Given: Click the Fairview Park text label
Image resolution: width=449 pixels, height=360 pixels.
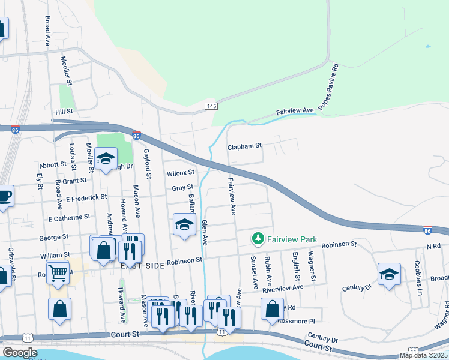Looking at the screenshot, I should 292,239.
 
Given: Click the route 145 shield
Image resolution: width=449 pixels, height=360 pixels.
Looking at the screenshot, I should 211,106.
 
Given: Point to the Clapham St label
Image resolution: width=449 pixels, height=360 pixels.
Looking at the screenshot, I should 245,146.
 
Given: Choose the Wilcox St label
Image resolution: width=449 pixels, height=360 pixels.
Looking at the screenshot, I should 181,173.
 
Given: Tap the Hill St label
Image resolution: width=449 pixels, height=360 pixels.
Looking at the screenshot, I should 64,112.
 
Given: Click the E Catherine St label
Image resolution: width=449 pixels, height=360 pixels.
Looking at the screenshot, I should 69,217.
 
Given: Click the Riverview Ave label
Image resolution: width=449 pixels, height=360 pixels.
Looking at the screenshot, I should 283,288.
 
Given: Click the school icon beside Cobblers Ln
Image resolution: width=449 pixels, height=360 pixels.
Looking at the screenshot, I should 389,274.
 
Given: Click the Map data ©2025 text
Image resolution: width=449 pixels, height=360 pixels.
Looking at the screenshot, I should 423,355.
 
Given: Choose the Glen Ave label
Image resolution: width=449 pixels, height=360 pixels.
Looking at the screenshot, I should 205,233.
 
